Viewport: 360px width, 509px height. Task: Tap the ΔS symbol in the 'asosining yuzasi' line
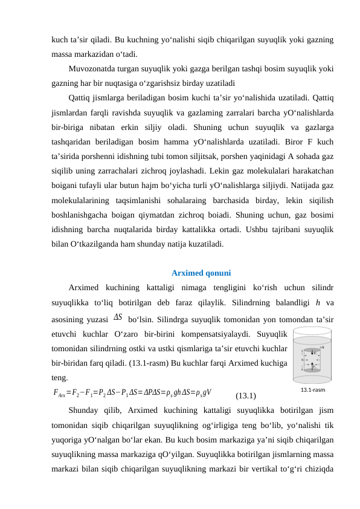click(x=118, y=316)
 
